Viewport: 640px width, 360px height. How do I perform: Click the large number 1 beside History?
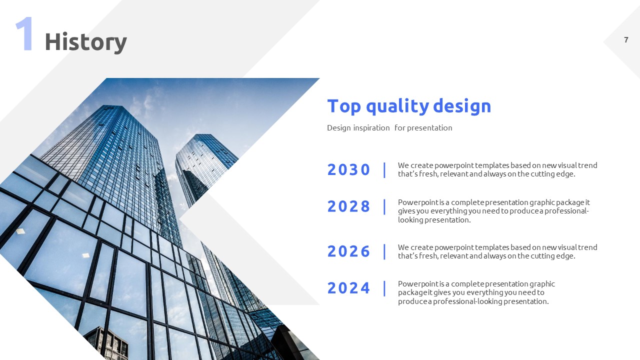coord(24,33)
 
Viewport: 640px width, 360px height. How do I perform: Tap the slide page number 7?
coord(626,39)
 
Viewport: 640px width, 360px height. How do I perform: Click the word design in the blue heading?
coord(462,106)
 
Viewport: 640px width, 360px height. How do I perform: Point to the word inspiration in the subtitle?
coord(371,128)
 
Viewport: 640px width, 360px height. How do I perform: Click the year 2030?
coord(348,169)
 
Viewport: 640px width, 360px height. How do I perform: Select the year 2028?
coord(348,206)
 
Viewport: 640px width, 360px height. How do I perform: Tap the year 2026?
coord(348,251)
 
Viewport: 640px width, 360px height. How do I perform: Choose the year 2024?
coord(348,287)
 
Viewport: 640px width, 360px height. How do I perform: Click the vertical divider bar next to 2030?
coord(384,170)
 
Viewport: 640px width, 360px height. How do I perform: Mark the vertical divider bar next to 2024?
coord(384,288)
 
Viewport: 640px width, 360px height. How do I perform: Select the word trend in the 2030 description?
coord(587,165)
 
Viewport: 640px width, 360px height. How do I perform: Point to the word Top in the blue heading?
coord(344,106)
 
